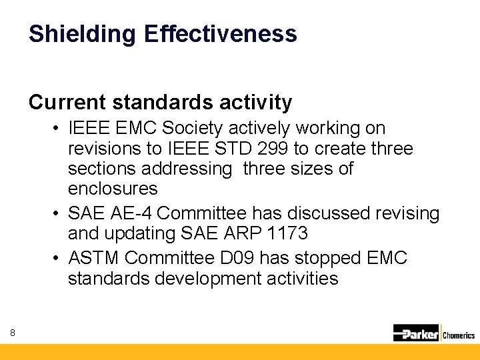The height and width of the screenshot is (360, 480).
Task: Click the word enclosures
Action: [x=113, y=188]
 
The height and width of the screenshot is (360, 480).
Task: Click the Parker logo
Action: [x=416, y=333]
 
